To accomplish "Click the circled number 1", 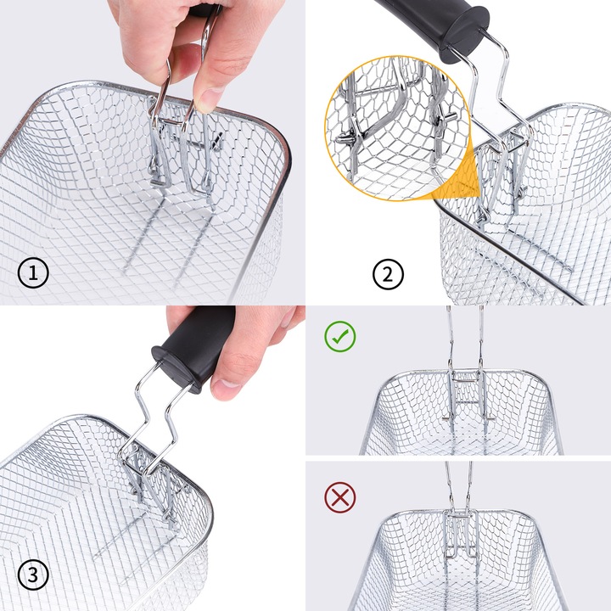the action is pyautogui.click(x=33, y=272).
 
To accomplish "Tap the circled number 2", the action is pyautogui.click(x=388, y=274).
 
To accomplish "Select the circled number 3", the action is pyautogui.click(x=33, y=575).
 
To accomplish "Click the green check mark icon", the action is pyautogui.click(x=339, y=336).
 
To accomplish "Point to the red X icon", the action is pyautogui.click(x=339, y=497).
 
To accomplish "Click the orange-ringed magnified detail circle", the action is pyautogui.click(x=396, y=128).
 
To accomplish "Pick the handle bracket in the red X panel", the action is pyautogui.click(x=461, y=532).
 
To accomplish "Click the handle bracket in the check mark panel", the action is pyautogui.click(x=467, y=394).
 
